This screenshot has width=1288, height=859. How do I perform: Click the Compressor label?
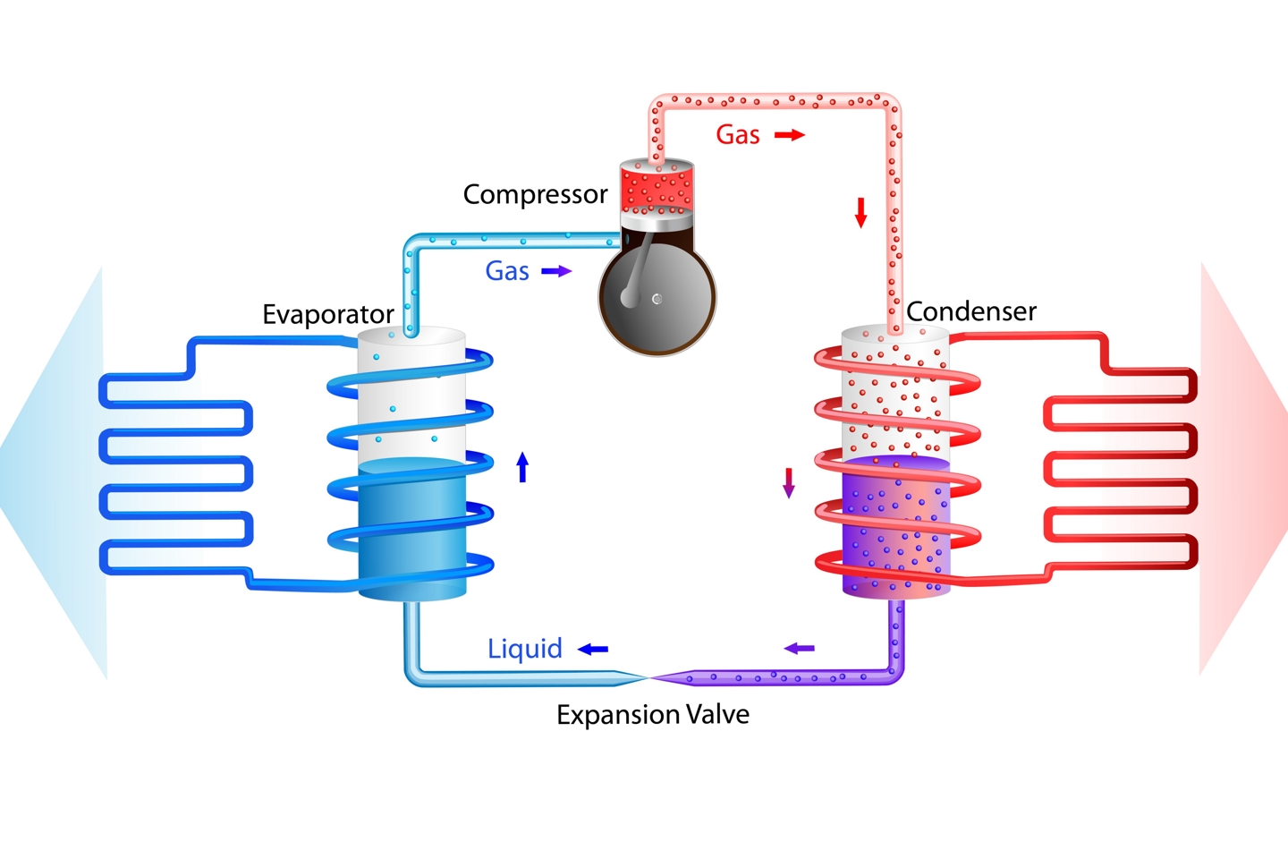coord(535,194)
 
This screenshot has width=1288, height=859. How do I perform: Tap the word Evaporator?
coord(327,314)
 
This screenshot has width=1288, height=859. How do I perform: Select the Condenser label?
coord(971,311)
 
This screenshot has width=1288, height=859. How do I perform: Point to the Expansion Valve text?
coord(653,714)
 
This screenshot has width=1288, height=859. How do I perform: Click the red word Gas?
coord(738,135)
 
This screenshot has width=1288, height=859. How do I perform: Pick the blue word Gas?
coord(507,271)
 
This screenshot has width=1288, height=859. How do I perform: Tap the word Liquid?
coord(525,649)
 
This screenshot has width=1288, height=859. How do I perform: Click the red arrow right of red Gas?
coord(790,135)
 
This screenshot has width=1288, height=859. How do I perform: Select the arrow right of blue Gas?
coord(556,271)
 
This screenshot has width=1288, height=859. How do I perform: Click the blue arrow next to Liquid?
coord(593,649)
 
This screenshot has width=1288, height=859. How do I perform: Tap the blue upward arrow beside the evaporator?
coord(523,467)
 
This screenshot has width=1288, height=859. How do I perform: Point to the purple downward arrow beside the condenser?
coord(789,482)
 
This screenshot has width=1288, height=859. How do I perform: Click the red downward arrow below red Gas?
coord(861,212)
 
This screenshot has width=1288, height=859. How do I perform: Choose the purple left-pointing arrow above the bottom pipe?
coord(800,648)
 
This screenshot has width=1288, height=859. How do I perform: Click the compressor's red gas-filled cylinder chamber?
coord(657,189)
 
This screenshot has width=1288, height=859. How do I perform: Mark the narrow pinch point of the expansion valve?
coord(649,678)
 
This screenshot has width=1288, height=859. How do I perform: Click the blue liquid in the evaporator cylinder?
coord(412,528)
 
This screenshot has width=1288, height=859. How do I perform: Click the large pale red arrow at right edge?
coord(1243,465)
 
